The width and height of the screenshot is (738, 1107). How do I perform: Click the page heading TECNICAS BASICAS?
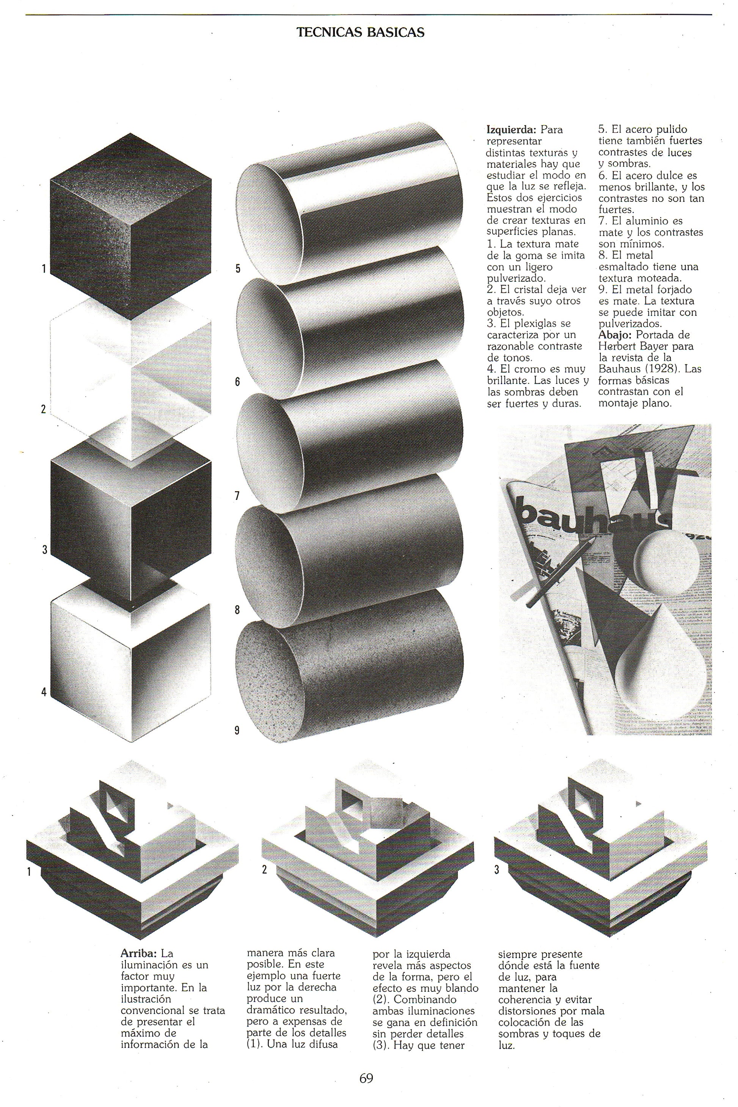coord(361,33)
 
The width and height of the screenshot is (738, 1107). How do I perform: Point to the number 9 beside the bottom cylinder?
coord(237,730)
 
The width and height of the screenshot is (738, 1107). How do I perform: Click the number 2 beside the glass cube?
coord(43,408)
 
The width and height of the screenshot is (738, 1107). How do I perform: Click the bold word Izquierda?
coord(512,129)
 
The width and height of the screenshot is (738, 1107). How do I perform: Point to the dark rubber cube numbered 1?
coord(131,226)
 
